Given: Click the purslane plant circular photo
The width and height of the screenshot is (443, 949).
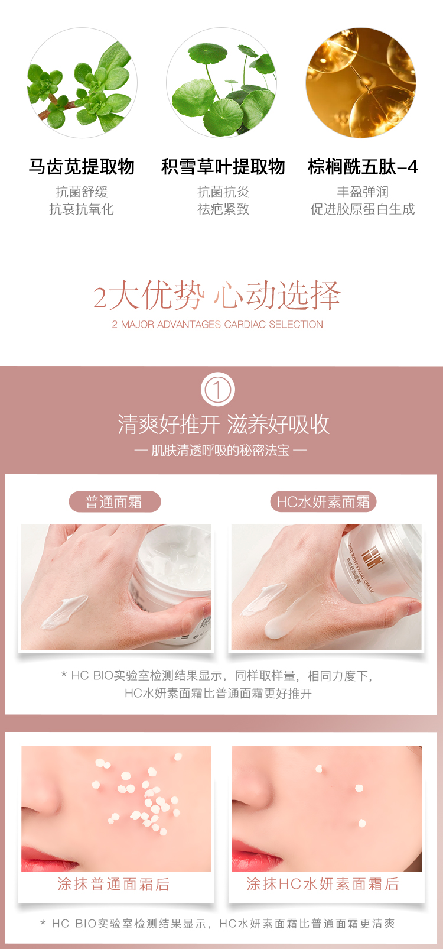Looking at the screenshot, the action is coord(82,83).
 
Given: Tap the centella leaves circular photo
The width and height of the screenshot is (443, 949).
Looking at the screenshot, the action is coord(221,83).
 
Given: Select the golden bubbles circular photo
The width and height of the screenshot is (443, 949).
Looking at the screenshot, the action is coord(361,83).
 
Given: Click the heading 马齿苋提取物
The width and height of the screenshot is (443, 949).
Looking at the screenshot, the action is coord(82,167).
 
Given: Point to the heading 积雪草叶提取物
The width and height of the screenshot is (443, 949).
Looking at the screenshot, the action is coord(223,167).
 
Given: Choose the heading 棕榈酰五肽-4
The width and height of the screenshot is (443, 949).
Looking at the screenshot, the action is coord(363,167).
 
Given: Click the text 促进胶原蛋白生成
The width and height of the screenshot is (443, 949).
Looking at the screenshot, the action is coord(363,209).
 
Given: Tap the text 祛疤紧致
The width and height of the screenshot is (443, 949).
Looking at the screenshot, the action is coord(223,209).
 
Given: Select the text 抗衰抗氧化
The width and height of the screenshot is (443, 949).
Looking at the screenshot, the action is coord(82,209).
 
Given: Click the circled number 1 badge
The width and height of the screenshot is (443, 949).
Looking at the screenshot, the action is coord(217,389).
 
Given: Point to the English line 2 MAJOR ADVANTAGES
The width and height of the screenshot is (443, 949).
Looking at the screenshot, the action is coord(217,325).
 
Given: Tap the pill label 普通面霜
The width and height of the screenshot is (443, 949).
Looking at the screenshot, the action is coord(115,502).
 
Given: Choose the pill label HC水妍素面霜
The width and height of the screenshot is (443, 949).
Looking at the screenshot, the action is coord(323,502).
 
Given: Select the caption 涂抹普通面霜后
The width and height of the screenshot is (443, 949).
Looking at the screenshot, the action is coord(114,884).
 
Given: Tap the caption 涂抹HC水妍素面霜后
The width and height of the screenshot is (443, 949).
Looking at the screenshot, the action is coord(323,884).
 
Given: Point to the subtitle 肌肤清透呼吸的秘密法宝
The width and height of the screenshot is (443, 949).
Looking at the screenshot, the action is coord(220,451).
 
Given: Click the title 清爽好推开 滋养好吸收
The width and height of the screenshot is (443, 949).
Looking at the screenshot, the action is coord(223,425).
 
